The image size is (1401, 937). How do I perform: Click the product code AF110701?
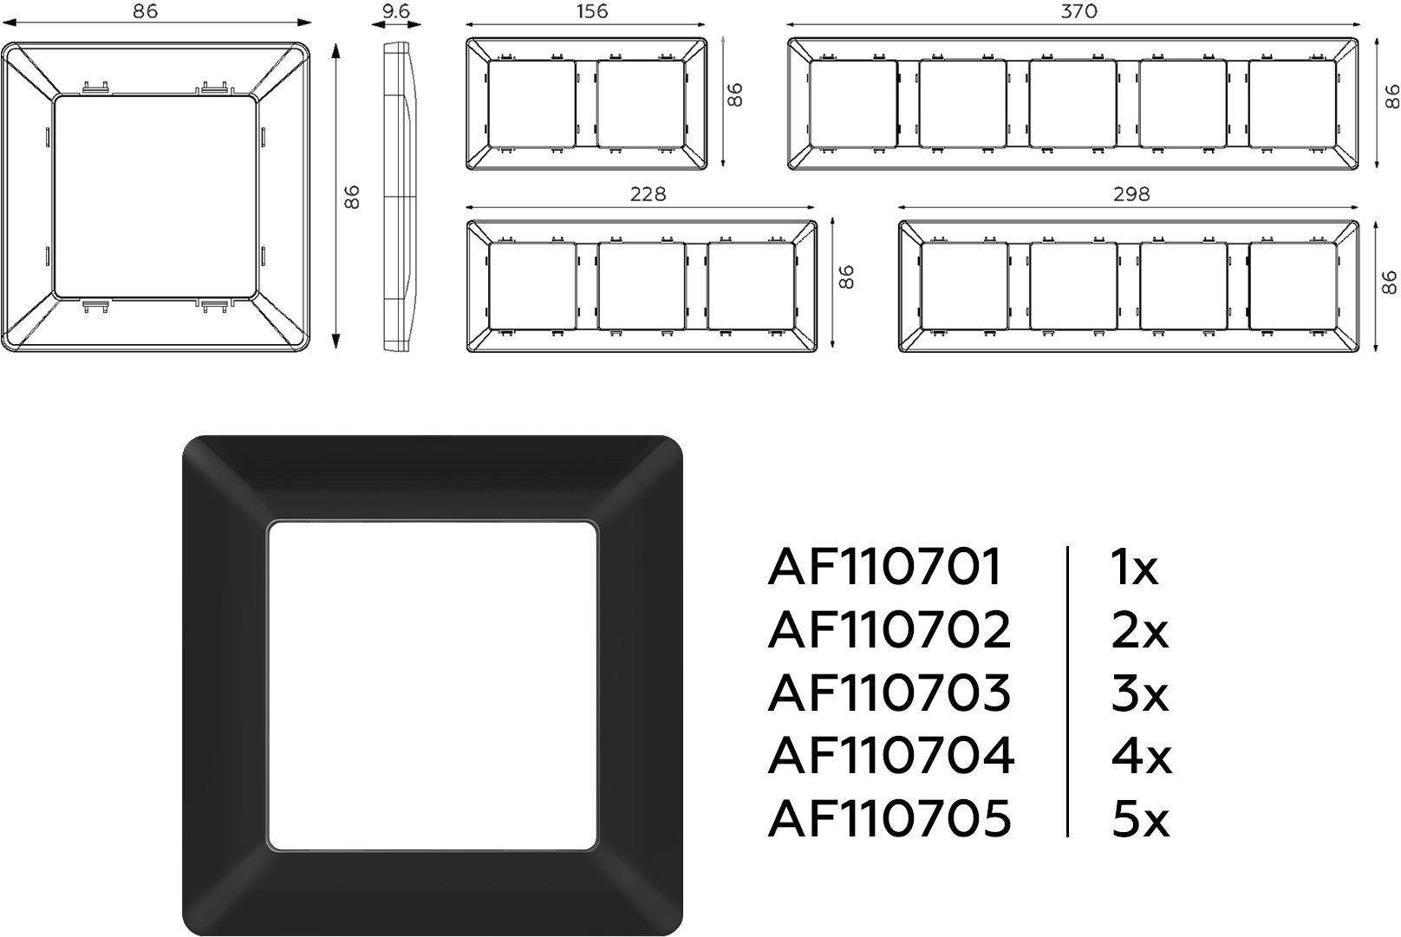[885, 567]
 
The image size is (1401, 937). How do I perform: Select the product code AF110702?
[889, 630]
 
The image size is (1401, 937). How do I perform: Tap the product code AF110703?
[889, 693]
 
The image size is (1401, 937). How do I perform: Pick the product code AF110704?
[890, 756]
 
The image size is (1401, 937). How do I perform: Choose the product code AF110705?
[889, 819]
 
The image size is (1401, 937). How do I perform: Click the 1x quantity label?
[1134, 567]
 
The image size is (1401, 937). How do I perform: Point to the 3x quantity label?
[1139, 693]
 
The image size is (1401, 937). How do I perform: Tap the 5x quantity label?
[1140, 819]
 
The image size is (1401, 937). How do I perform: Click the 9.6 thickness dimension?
[396, 10]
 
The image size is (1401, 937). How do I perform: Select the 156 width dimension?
[591, 10]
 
